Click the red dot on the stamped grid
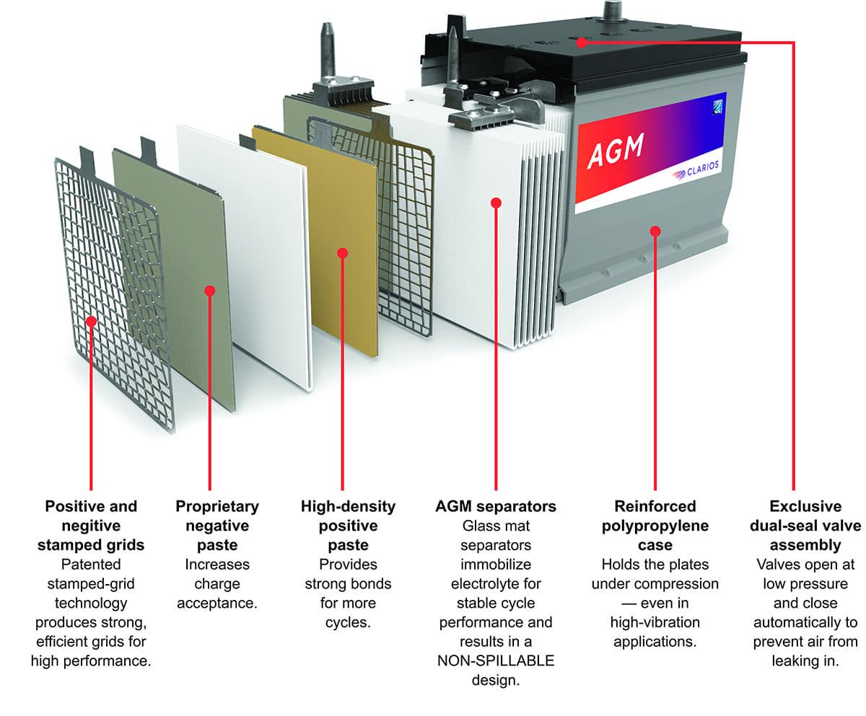point(91,321)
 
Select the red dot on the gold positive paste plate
point(343,253)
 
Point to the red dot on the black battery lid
point(582,42)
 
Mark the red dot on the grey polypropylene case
point(655,231)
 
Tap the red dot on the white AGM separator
point(496,203)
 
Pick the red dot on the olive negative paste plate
point(209,291)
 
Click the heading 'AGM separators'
point(495,507)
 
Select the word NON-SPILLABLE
point(495,660)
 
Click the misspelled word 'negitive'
point(91,526)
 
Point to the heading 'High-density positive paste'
point(348,526)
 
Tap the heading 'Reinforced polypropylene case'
point(655,526)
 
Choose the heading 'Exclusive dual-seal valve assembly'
point(805,526)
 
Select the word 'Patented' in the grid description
point(91,564)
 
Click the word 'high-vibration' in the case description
point(655,622)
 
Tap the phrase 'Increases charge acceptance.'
point(216,583)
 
